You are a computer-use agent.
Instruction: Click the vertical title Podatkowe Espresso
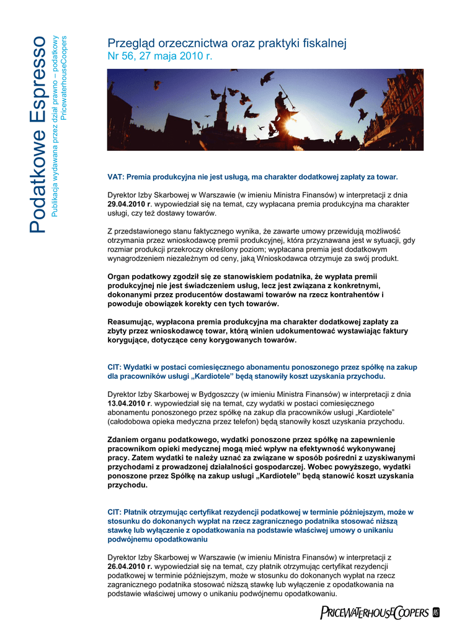point(37,134)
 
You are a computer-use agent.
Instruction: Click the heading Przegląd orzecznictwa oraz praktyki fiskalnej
point(227,43)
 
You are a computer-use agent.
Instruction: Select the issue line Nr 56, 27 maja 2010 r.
point(160,56)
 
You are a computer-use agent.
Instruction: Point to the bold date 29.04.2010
point(127,204)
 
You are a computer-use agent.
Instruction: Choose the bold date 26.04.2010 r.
point(130,566)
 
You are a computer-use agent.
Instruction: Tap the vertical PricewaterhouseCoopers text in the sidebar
point(64,74)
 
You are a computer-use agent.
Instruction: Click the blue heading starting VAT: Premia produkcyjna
point(252,177)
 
